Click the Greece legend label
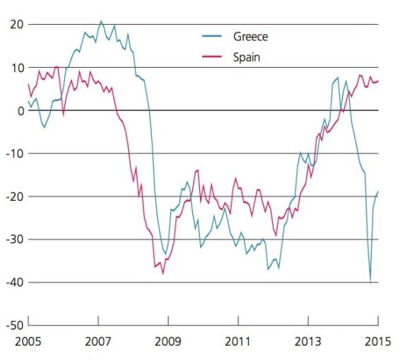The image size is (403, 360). pos(250,37)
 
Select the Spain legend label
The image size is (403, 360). pos(247,57)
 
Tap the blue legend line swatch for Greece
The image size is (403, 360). pos(212,36)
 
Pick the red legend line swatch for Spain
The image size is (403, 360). pos(212,57)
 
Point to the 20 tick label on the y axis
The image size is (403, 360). pos(17,25)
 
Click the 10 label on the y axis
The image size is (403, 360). pos(17,68)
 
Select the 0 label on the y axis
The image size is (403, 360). pos(21,111)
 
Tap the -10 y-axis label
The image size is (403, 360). pos(15,153)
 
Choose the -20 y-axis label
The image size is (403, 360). pos(15,197)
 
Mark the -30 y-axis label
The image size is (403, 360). pos(15,240)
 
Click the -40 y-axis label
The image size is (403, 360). pos(15,283)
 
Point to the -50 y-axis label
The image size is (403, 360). pos(15,326)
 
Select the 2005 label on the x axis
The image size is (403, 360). pos(28,342)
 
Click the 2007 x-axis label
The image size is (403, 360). pos(98,342)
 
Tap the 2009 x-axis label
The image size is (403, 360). pos(168,342)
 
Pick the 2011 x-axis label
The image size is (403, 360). pos(238,342)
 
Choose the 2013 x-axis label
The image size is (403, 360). pos(308,342)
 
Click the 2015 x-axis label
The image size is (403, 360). pos(378,342)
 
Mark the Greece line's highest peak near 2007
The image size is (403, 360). pos(100,21)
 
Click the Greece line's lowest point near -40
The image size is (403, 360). pos(370,283)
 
